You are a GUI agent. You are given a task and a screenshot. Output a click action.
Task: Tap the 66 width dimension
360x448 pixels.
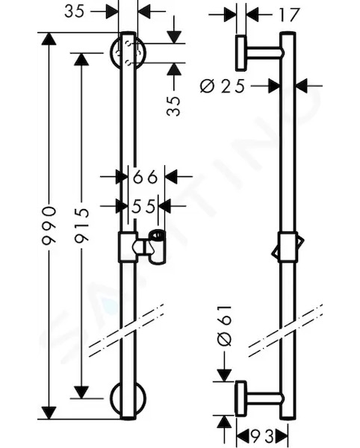(146, 177)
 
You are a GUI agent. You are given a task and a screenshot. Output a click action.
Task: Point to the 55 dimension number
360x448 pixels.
(143, 206)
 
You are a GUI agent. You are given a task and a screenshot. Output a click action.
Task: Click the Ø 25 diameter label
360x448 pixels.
(223, 86)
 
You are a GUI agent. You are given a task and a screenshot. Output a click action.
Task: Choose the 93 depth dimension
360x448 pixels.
(262, 436)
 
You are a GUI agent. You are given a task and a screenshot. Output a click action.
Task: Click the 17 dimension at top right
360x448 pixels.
(289, 15)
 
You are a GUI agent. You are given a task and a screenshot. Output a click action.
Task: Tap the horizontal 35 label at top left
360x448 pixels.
(75, 12)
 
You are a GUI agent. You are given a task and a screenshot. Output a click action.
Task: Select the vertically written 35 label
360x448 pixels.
(174, 106)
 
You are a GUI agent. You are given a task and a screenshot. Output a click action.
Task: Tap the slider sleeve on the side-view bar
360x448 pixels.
(288, 247)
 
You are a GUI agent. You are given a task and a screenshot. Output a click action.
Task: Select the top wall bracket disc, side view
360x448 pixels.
(240, 53)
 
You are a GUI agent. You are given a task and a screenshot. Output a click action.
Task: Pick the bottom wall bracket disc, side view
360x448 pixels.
(240, 399)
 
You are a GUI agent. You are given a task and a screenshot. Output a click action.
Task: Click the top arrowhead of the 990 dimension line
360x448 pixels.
(49, 39)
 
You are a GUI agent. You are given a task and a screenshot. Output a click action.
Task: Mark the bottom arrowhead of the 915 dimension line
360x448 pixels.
(81, 392)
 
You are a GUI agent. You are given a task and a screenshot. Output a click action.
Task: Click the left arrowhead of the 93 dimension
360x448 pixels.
(243, 437)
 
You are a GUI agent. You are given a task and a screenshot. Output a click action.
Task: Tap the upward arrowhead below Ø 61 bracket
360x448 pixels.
(224, 422)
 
